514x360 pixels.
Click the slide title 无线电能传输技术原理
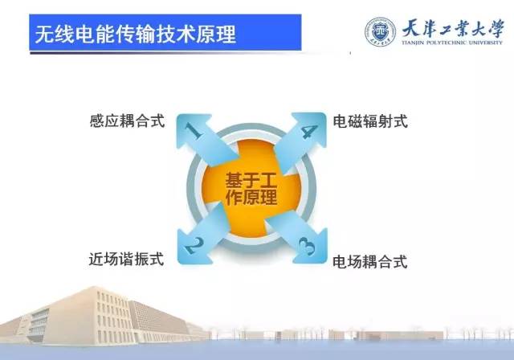(x=136, y=34)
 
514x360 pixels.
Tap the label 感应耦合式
(x=127, y=121)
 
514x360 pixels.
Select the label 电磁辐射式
(x=370, y=121)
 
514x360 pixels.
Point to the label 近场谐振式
(x=127, y=259)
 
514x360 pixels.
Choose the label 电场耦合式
(x=370, y=262)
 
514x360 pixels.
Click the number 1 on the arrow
(x=194, y=130)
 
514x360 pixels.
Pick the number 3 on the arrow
(x=307, y=246)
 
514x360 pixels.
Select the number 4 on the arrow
(x=308, y=132)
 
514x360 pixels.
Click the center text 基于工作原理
(x=251, y=189)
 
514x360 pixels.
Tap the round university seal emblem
(x=380, y=32)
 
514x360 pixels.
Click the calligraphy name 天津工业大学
(x=453, y=28)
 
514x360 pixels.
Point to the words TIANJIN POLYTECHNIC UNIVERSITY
(x=452, y=43)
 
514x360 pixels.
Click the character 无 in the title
(x=44, y=34)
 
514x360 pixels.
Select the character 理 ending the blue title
(x=226, y=34)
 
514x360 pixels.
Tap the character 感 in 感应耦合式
(x=97, y=121)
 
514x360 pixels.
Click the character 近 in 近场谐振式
(x=96, y=259)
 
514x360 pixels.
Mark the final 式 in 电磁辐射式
(x=401, y=121)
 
